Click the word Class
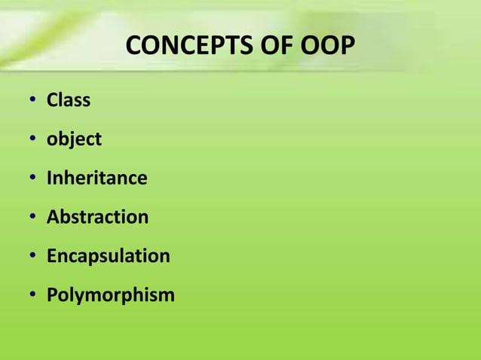tap(69, 99)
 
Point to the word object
tap(74, 139)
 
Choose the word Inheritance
tap(97, 178)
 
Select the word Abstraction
tap(97, 218)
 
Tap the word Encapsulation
tap(108, 256)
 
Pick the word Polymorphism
tap(110, 295)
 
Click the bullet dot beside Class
tap(33, 101)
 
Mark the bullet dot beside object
tap(33, 140)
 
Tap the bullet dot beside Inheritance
tap(33, 179)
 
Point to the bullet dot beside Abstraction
tap(33, 218)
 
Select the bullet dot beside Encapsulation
tap(33, 257)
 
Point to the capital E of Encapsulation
tap(51, 256)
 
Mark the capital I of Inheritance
tap(50, 178)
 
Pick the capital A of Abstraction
tap(53, 218)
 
